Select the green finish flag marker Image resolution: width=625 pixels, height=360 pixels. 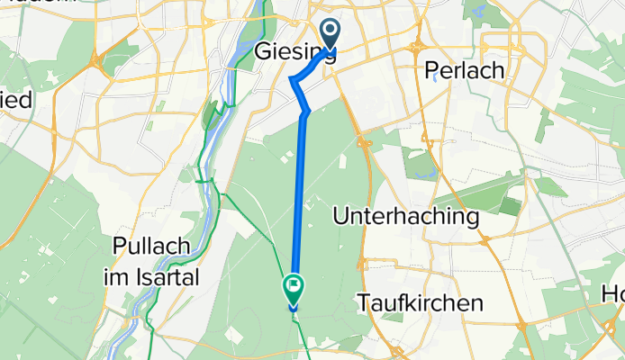click(294, 288)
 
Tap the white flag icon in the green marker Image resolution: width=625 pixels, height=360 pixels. click(294, 286)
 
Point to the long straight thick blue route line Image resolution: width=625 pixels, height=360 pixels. click(300, 198)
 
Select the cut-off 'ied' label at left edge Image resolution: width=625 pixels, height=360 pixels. click(15, 99)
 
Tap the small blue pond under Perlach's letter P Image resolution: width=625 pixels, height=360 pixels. click(435, 77)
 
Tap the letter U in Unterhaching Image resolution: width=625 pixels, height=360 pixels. click(341, 216)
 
